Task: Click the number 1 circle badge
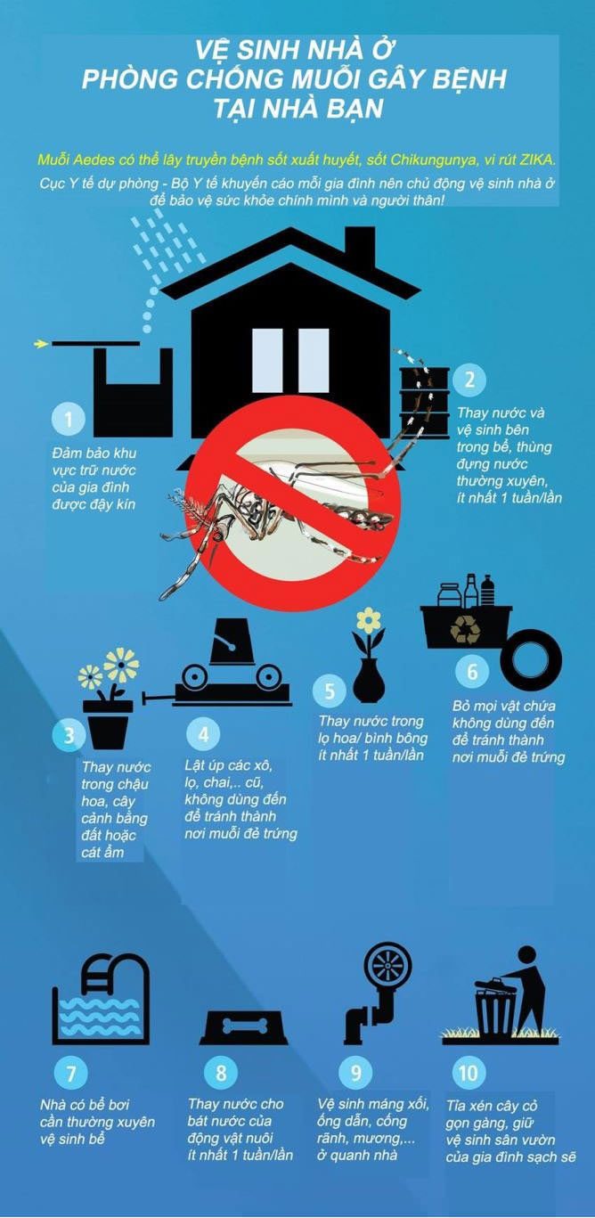tap(69, 419)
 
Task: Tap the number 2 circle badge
tap(469, 379)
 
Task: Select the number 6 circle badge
tap(472, 672)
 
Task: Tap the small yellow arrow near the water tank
tap(40, 343)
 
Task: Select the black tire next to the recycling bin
tap(531, 657)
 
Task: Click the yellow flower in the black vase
tap(369, 620)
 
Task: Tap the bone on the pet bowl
tap(245, 1025)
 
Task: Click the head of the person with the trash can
tap(527, 954)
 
